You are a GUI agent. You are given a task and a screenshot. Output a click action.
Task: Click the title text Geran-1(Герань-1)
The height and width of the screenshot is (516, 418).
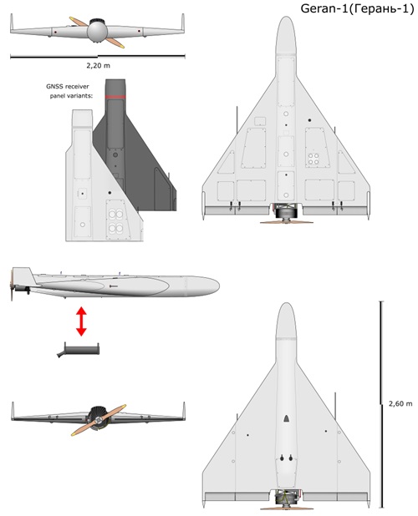(357, 9)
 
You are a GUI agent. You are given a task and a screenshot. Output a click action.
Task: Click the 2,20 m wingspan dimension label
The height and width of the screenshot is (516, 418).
(98, 65)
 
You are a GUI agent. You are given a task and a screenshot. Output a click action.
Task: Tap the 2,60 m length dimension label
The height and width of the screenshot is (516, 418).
(400, 403)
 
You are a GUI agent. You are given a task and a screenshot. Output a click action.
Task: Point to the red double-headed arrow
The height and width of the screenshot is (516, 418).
(81, 321)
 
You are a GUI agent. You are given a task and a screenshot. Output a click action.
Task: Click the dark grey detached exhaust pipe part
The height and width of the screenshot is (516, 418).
(79, 350)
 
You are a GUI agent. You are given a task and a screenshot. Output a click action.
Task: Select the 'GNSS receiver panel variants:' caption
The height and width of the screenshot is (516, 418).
(69, 91)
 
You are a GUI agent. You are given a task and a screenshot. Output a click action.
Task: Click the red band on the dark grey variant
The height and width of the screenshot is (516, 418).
(115, 97)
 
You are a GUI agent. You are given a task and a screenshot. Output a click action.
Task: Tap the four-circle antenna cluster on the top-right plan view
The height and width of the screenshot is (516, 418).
(313, 159)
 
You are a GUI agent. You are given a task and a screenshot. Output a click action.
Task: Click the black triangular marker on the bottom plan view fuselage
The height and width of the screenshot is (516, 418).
(286, 418)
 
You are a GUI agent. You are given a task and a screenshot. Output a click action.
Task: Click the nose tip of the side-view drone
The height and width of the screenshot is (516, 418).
(219, 286)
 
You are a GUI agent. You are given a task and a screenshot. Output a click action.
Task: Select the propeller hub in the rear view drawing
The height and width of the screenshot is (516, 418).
(98, 421)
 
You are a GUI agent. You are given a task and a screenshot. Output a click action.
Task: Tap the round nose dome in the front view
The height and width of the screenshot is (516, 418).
(97, 32)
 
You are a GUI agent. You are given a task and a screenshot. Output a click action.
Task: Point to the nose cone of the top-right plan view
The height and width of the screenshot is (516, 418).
(286, 35)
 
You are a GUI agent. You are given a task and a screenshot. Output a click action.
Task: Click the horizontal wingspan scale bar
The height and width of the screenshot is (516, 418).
(98, 57)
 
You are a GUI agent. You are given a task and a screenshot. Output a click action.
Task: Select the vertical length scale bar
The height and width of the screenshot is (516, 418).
(381, 404)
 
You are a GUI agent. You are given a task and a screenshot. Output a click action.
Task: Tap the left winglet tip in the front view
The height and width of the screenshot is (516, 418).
(12, 15)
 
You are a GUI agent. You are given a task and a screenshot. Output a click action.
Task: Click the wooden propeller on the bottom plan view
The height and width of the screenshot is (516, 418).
(286, 508)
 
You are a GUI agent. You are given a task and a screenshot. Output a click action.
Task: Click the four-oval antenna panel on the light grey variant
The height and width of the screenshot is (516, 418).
(116, 220)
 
